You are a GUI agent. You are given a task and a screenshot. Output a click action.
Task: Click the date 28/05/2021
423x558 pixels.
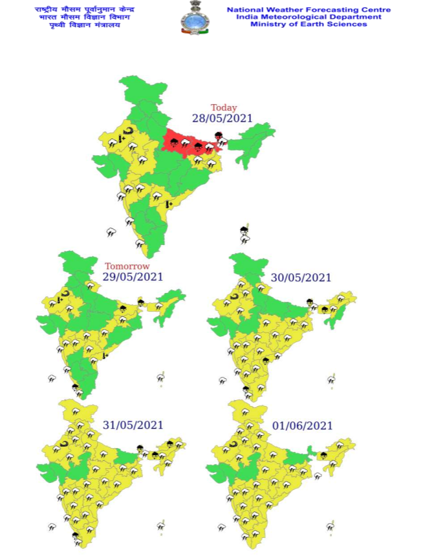[x=222, y=118]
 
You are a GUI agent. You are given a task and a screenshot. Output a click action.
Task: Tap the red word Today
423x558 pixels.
[x=224, y=108]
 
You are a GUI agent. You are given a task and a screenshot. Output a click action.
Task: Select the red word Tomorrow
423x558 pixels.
[x=127, y=266]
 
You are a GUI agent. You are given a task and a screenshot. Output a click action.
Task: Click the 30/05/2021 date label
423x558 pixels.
[x=301, y=277]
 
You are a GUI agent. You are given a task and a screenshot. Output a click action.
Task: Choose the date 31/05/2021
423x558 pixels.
[x=133, y=425]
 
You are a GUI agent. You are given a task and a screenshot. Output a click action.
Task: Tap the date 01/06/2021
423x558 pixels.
[x=302, y=425]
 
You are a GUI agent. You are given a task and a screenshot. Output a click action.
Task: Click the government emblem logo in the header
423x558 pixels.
[x=194, y=17]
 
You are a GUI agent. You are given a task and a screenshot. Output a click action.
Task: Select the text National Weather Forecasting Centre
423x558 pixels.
[x=309, y=10]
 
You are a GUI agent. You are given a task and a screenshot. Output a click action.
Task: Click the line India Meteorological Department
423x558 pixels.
[x=309, y=17]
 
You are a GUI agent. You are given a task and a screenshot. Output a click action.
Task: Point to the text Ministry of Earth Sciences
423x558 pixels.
[x=309, y=24]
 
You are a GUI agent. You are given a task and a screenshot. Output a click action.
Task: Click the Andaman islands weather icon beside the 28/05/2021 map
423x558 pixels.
[x=244, y=233]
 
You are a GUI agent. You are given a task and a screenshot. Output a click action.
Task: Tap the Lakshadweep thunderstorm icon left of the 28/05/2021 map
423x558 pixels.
[x=111, y=231]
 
